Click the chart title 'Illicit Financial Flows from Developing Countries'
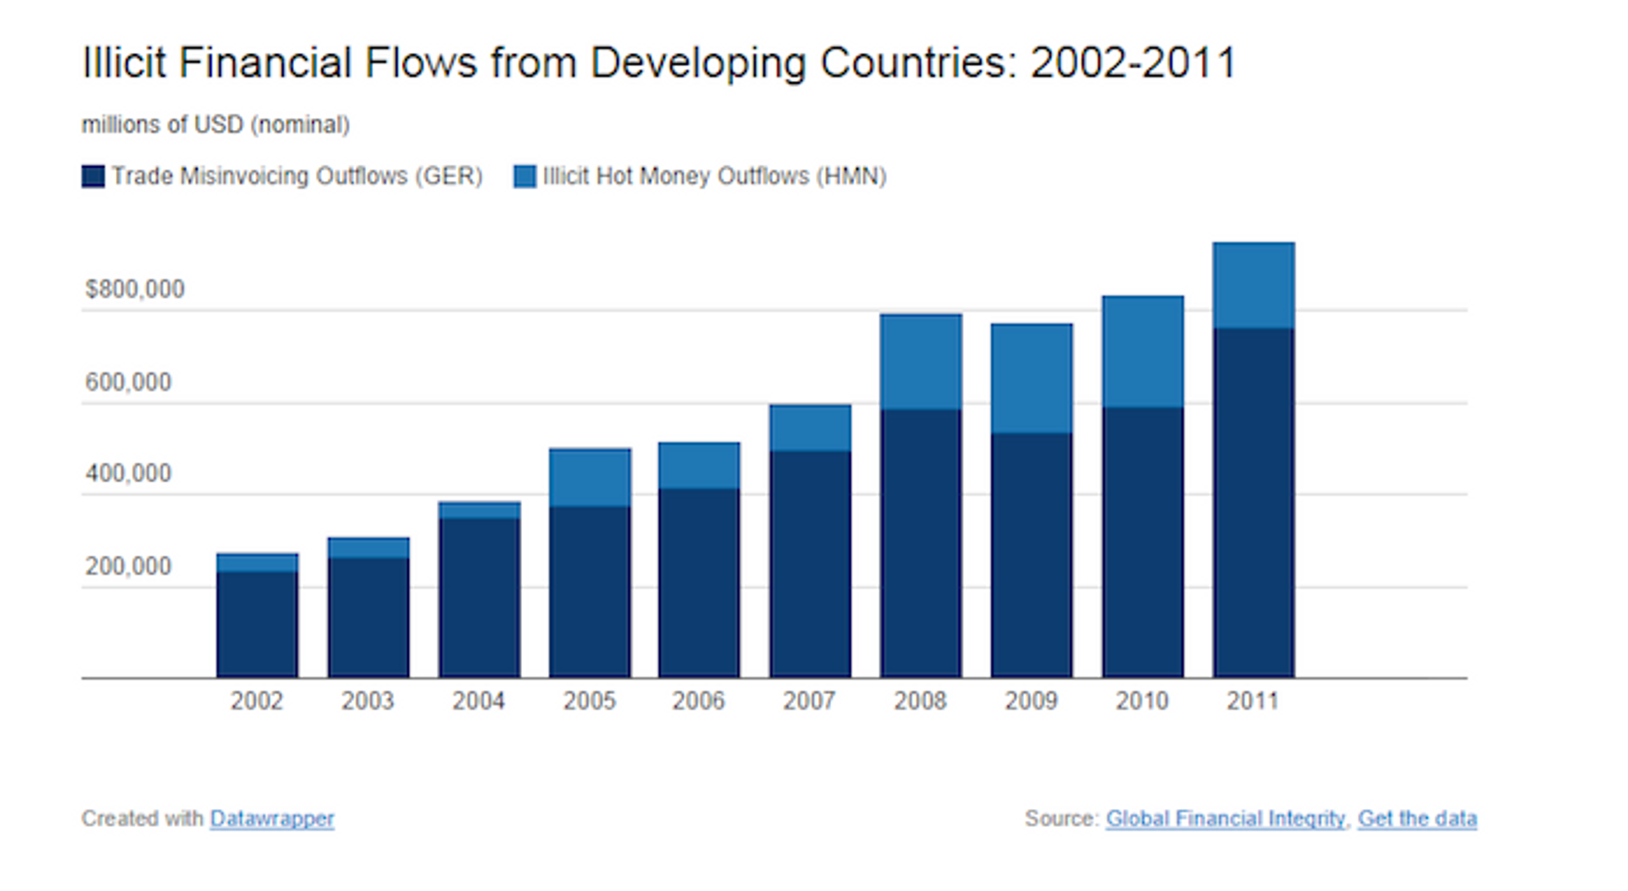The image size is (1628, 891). (657, 63)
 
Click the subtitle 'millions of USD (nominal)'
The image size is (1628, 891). (215, 125)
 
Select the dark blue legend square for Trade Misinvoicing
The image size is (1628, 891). (93, 176)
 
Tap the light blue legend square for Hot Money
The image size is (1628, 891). (524, 176)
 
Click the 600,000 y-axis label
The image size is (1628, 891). (128, 383)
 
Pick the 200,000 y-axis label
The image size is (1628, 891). (128, 567)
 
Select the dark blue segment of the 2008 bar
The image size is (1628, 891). (921, 544)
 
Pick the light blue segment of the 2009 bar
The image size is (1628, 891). (1031, 378)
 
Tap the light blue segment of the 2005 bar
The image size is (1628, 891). (590, 478)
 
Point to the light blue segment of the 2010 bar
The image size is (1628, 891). (1143, 351)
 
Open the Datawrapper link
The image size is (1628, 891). (272, 819)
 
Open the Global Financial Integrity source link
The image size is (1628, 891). (1225, 819)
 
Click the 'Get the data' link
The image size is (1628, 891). (1417, 819)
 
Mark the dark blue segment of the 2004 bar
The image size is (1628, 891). (479, 598)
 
